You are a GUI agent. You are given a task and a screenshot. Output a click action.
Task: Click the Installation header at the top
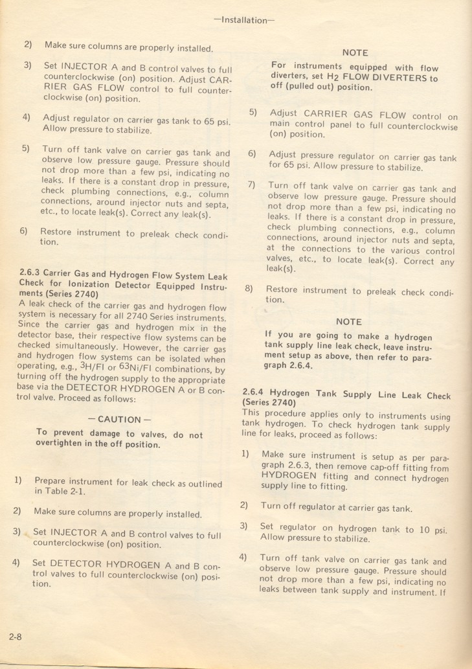click(243, 20)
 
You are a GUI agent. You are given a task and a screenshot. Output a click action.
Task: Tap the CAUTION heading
click(119, 419)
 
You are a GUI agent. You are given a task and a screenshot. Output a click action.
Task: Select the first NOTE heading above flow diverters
click(355, 53)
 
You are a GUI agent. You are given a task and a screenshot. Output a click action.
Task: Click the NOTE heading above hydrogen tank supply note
click(349, 322)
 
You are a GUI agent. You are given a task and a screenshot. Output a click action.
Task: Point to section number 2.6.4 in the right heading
click(254, 392)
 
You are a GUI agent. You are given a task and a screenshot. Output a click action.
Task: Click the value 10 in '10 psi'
click(424, 529)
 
